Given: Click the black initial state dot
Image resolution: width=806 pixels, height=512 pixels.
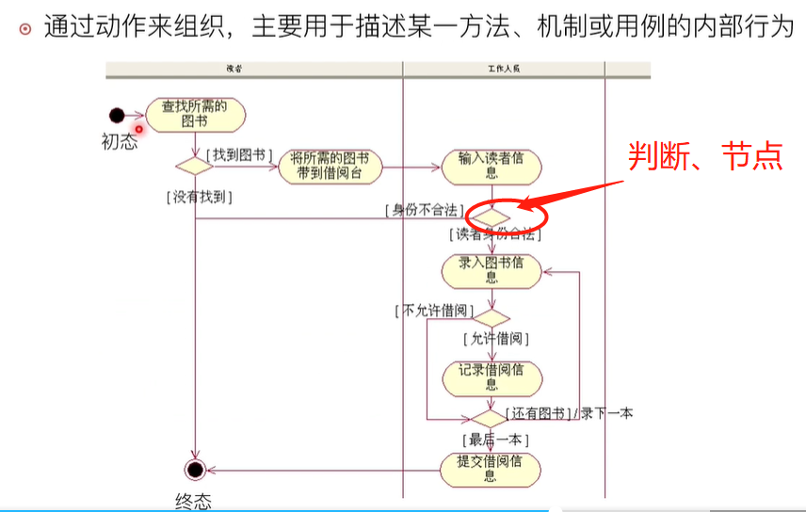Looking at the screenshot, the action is [117, 116].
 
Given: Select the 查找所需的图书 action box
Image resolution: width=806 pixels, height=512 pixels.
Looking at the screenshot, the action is [195, 115].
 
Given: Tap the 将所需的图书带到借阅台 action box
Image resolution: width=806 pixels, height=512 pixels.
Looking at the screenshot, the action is [330, 166].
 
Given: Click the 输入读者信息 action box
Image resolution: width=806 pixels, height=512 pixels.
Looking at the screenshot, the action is [492, 166].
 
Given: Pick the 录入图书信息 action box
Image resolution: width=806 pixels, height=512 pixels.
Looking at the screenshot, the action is [492, 270].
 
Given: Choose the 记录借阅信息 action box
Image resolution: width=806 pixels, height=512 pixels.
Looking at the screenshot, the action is [492, 376].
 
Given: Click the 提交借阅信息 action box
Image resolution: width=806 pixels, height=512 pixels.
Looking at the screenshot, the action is [492, 468].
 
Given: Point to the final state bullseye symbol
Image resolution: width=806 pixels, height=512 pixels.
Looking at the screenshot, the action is [195, 469].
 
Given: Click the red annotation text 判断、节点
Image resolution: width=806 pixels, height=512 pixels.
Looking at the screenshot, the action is [705, 156].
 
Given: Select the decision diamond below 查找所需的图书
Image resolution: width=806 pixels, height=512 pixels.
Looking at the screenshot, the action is [195, 166].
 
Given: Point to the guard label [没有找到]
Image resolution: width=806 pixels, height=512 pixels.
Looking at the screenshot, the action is [200, 197].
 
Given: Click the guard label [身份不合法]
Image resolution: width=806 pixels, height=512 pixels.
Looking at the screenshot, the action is [423, 208].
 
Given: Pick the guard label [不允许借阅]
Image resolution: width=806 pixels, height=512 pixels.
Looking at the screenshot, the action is [434, 310].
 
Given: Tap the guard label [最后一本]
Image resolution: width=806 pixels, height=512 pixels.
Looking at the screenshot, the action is [495, 439].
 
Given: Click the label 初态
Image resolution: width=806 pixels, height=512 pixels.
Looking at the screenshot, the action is [120, 142].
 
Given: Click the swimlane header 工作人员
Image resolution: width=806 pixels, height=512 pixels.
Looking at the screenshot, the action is [504, 70].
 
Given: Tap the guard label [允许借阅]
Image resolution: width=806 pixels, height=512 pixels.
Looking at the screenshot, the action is [494, 337].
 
